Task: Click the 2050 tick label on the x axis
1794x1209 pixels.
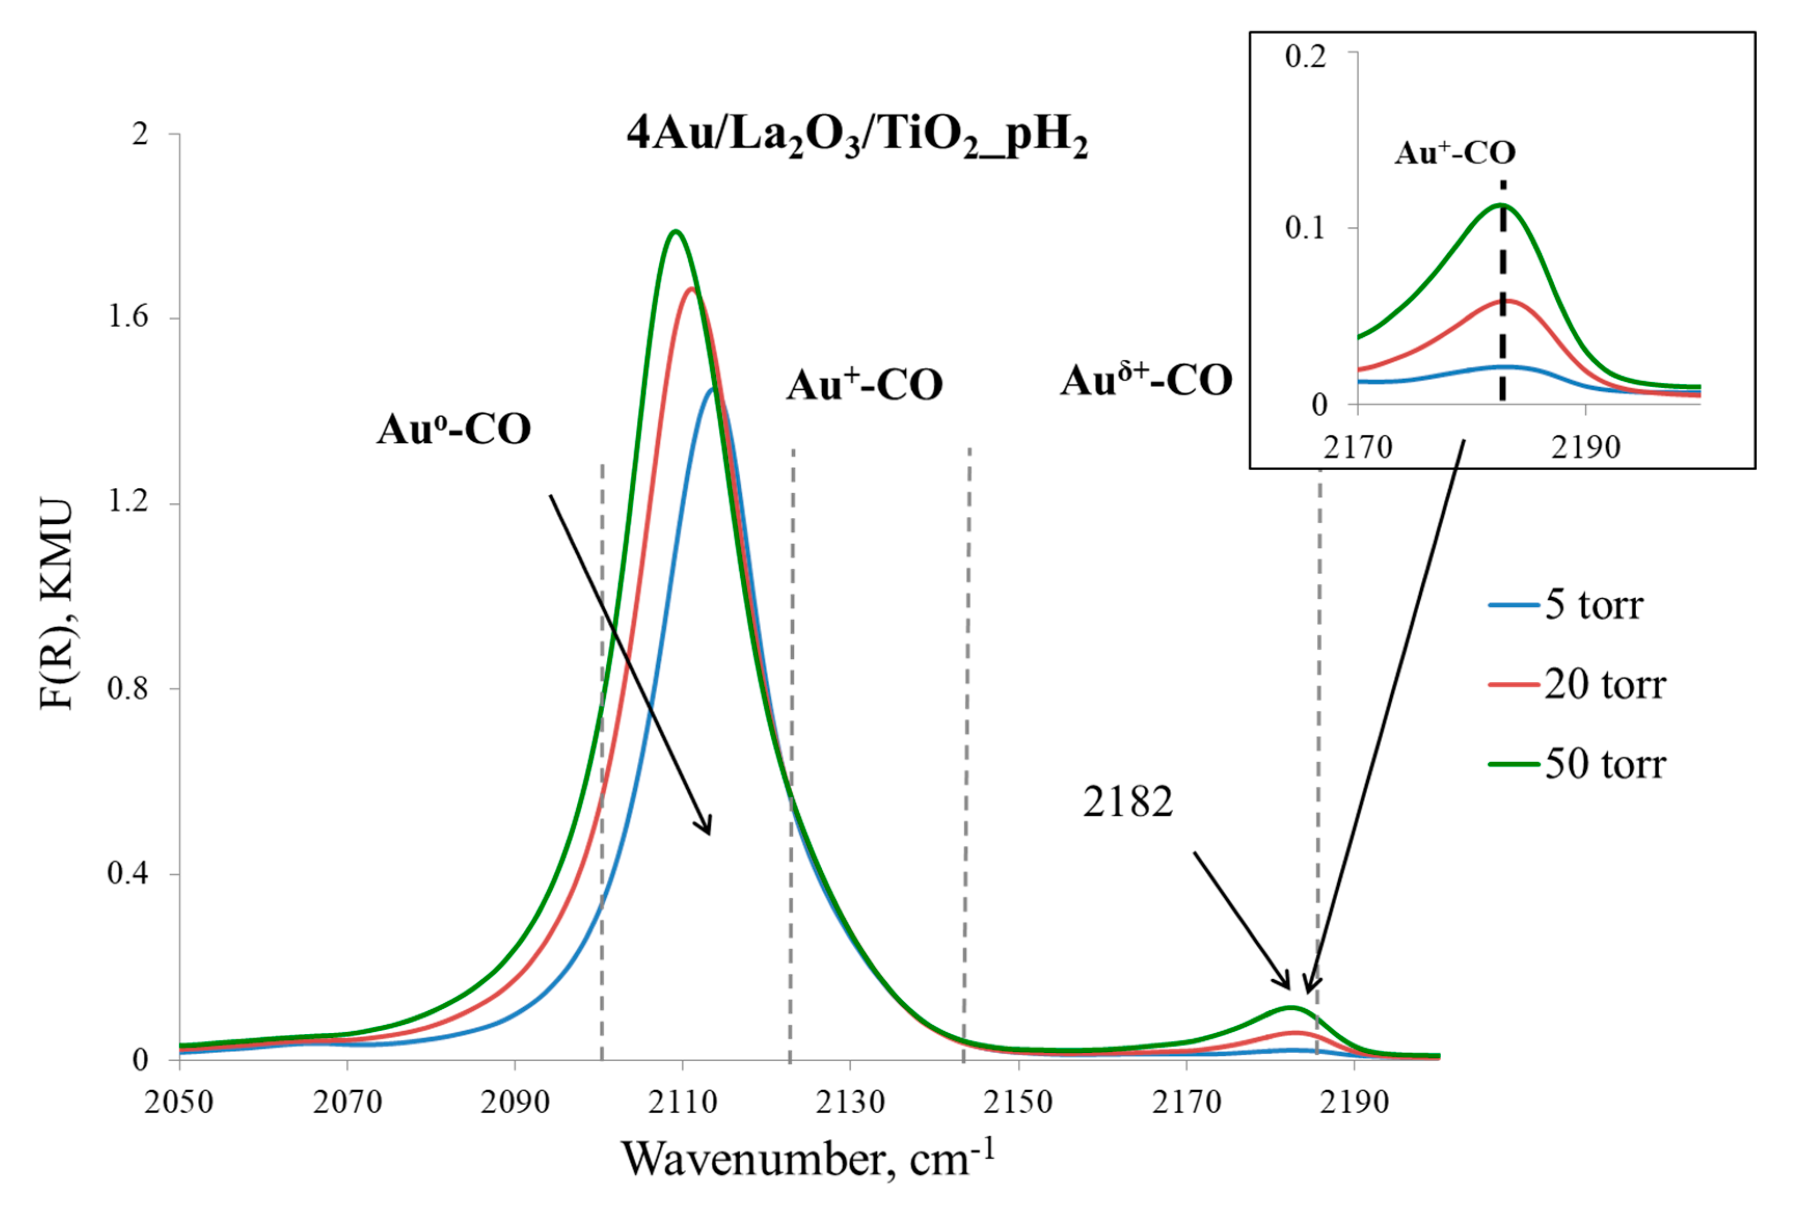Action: tap(179, 1103)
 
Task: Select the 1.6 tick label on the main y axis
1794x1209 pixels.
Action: tap(127, 317)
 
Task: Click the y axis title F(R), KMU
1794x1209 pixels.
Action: tap(57, 604)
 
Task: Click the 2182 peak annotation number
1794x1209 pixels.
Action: tap(1127, 802)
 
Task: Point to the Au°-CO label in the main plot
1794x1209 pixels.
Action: tap(454, 430)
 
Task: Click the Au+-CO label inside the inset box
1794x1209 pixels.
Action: tap(1455, 153)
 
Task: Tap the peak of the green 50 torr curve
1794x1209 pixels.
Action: tap(676, 231)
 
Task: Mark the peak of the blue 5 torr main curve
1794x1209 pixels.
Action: tap(713, 389)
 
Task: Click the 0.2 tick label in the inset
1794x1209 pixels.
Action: tap(1305, 56)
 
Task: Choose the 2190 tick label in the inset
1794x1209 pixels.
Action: tap(1586, 448)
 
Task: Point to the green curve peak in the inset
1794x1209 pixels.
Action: tap(1500, 204)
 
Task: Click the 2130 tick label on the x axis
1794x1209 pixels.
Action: tap(850, 1103)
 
